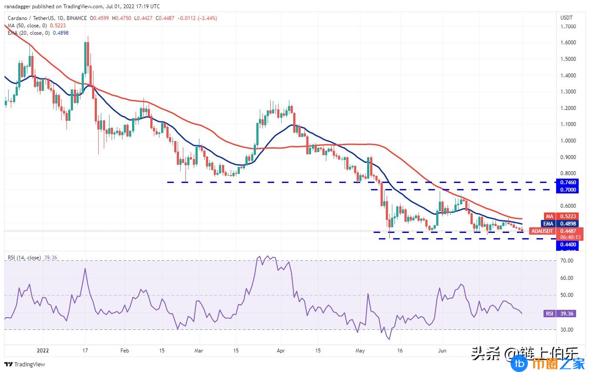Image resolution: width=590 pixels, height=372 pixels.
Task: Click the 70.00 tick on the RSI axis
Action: pos(567,261)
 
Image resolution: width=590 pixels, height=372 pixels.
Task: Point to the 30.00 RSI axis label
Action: pos(567,330)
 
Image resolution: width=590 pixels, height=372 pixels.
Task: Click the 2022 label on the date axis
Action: pos(43,350)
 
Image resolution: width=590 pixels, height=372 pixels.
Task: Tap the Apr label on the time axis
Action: pos(281,350)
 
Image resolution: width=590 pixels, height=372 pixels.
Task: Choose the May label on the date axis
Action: pos(360,350)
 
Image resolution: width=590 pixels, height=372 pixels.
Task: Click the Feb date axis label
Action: pos(125,350)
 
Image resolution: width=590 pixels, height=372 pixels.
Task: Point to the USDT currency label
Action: pos(567,18)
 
